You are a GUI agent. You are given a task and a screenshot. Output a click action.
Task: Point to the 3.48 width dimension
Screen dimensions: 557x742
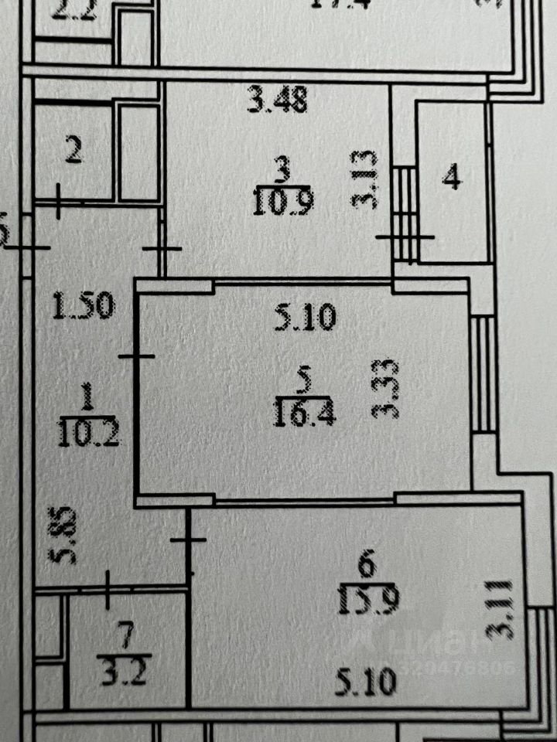coord(278,100)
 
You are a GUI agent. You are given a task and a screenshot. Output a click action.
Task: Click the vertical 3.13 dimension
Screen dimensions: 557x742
coord(364,180)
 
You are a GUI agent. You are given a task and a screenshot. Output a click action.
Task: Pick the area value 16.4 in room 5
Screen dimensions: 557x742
coord(303,417)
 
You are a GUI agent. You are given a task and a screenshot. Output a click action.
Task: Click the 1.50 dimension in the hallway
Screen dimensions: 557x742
coord(84,308)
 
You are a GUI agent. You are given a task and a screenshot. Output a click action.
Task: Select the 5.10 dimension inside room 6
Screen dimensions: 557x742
coord(367,681)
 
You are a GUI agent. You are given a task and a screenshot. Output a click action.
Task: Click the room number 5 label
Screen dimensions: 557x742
coord(304,380)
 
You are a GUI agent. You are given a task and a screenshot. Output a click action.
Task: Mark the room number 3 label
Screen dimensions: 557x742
coord(282,166)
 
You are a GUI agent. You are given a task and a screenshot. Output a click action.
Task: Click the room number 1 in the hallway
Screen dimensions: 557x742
coord(87,400)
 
